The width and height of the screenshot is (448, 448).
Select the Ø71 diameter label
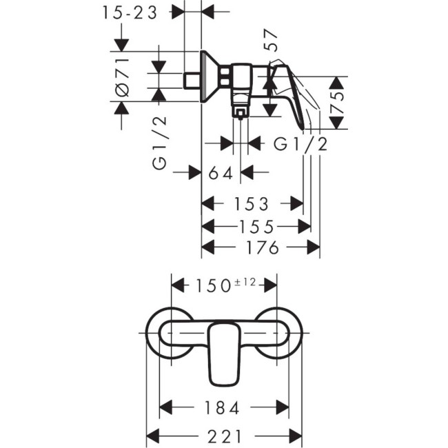tap(122, 77)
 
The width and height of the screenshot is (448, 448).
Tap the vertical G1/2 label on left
tap(159, 143)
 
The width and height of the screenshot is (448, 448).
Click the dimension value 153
tap(251, 204)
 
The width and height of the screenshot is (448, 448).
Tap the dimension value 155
tap(256, 227)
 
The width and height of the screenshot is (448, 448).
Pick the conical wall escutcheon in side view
tap(207, 76)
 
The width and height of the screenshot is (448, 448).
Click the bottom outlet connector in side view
tap(240, 110)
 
